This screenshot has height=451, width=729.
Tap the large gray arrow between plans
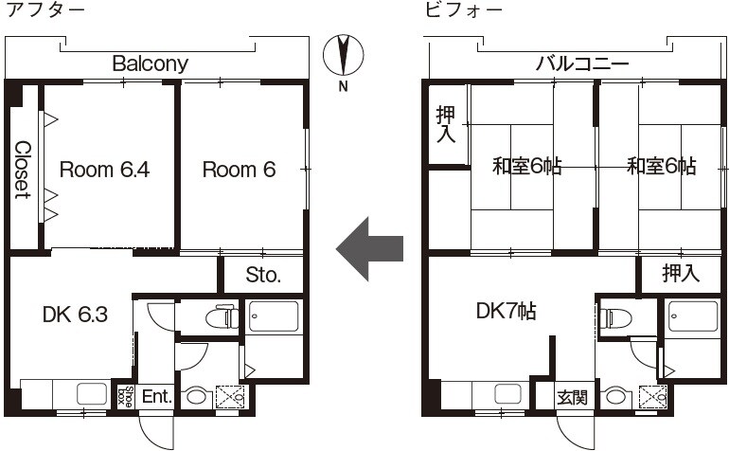coord(369,249)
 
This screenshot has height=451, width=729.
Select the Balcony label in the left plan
coord(151,63)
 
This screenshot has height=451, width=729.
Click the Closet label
coord(23,170)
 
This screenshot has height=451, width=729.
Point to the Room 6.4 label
coord(104,170)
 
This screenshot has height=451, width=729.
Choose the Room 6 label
coord(239,170)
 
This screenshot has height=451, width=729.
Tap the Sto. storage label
coord(263,275)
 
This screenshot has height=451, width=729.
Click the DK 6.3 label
coord(75,315)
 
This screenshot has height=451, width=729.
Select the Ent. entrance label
coord(157,397)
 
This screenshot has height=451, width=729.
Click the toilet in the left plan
coord(222,317)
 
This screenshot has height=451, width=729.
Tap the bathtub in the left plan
coord(273,316)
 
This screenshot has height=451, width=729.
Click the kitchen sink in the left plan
coord(92,394)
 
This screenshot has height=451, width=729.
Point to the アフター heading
coord(45,10)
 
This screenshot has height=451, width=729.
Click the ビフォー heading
coord(464,10)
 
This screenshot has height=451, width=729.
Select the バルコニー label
coord(582,63)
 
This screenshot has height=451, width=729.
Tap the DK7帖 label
coord(506,311)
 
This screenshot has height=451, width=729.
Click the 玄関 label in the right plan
coord(573,398)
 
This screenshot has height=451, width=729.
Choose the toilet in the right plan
coord(616,318)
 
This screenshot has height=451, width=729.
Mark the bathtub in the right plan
coord(693,316)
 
